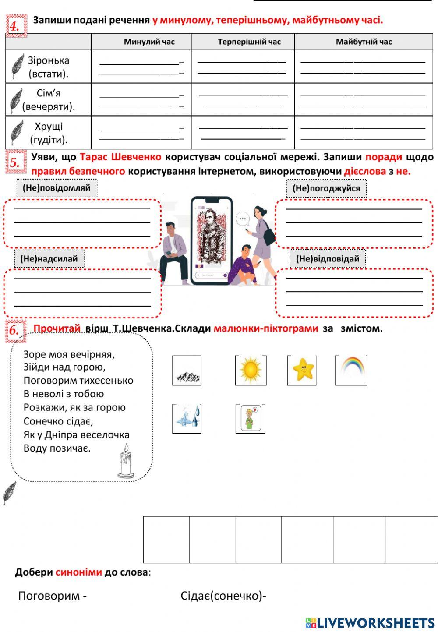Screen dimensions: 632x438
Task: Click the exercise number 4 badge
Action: [x=16, y=26]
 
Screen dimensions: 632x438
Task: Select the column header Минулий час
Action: [x=149, y=42]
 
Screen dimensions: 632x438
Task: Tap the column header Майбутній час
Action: [x=364, y=42]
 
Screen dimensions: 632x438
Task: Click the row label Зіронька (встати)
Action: [x=49, y=67]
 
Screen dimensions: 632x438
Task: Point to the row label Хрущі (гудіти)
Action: [x=49, y=133]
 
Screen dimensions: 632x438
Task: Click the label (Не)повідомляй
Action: [x=57, y=188]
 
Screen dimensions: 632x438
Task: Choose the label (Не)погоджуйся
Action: [x=326, y=188]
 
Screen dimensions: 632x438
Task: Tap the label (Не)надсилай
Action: [x=49, y=259]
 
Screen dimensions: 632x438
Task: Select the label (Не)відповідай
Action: [x=328, y=259]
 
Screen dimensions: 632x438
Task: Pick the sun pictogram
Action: [x=251, y=370]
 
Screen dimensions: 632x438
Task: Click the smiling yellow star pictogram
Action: [x=302, y=370]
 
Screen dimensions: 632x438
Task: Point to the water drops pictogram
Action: [x=187, y=418]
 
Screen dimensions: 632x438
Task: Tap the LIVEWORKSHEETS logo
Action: [x=370, y=623]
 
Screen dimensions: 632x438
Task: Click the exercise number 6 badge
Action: [x=15, y=331]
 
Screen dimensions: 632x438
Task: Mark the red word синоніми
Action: [x=78, y=572]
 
